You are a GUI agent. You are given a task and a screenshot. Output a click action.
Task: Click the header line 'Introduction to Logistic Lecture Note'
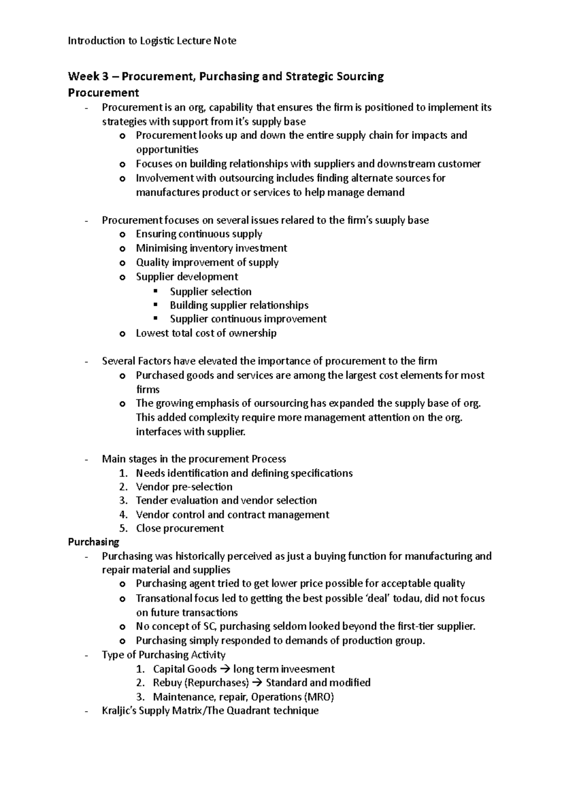[152, 41]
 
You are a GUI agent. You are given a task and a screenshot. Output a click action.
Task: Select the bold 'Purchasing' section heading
[93, 542]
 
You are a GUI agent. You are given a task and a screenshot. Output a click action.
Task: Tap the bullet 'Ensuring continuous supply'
[199, 234]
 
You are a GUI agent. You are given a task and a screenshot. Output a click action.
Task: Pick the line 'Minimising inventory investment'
[211, 248]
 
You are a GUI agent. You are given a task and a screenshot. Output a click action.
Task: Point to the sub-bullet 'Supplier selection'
[210, 292]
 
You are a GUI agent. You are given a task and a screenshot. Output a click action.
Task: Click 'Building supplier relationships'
[239, 305]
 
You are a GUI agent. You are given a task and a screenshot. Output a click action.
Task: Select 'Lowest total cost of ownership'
[206, 333]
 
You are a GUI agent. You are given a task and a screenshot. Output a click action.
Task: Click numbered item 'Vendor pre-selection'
[184, 487]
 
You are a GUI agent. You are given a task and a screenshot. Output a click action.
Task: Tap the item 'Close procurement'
[180, 529]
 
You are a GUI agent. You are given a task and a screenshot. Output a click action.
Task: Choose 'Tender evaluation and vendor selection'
[226, 501]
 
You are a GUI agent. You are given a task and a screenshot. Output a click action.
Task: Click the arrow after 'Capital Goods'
[225, 669]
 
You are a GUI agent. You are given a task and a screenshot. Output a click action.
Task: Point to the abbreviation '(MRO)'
[319, 697]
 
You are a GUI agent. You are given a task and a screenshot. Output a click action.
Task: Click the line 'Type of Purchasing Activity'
[163, 655]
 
